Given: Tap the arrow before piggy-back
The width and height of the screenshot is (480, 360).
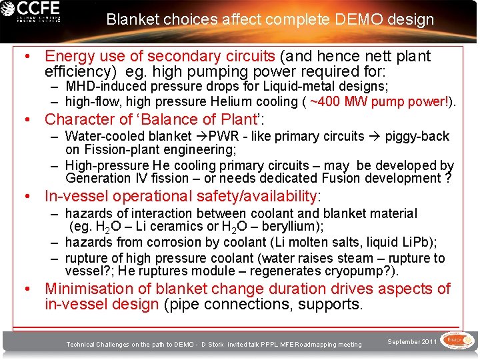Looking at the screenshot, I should [x=375, y=137].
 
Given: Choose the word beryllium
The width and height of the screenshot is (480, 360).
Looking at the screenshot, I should [x=294, y=227].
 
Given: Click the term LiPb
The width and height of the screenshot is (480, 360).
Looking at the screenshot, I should [x=416, y=243].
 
